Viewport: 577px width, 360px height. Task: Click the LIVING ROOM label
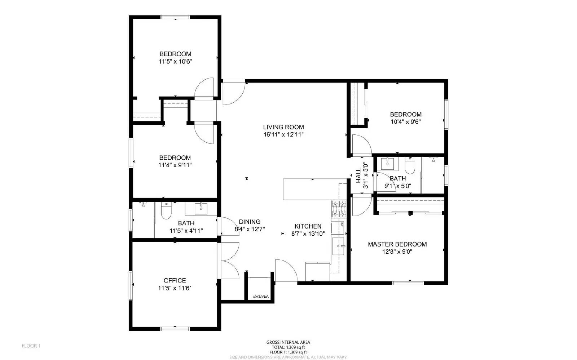tap(283, 127)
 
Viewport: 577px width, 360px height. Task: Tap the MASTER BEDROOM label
tap(397, 244)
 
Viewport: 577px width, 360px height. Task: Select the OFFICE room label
tap(175, 280)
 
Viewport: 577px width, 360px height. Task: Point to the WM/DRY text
tap(261, 297)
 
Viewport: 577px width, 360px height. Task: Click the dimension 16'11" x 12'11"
tap(283, 134)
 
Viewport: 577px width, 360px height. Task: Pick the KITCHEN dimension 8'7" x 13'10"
tap(308, 234)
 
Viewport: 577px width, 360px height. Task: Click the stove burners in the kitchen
tap(339, 209)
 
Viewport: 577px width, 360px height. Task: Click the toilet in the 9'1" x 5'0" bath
tap(410, 166)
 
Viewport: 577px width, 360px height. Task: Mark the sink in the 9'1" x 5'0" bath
tap(388, 164)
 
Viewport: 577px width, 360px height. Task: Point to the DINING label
tap(250, 222)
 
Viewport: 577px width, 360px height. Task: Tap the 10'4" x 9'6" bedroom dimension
tap(406, 122)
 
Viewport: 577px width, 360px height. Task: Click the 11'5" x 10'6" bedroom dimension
tap(175, 61)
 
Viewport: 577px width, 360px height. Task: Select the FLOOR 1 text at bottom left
tap(31, 346)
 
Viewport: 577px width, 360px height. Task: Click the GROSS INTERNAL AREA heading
tap(288, 342)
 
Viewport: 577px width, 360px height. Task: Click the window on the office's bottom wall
tap(175, 328)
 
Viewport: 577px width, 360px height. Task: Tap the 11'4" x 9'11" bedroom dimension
tap(175, 165)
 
